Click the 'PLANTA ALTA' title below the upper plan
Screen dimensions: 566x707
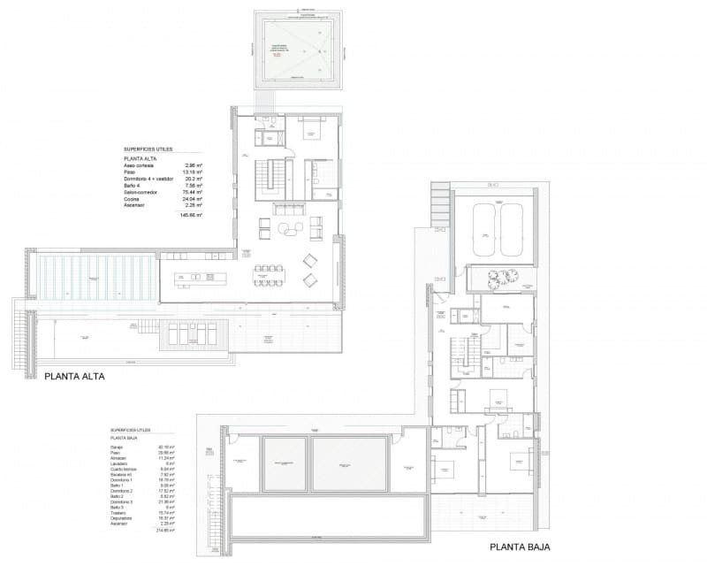click(74, 376)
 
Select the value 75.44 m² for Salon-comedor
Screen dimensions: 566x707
click(192, 192)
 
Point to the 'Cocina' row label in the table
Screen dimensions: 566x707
click(134, 200)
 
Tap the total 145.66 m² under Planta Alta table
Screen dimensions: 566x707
click(191, 216)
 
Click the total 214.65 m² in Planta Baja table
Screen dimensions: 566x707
click(165, 531)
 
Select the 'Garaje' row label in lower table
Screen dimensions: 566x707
click(117, 447)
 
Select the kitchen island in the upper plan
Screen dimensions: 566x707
click(197, 278)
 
